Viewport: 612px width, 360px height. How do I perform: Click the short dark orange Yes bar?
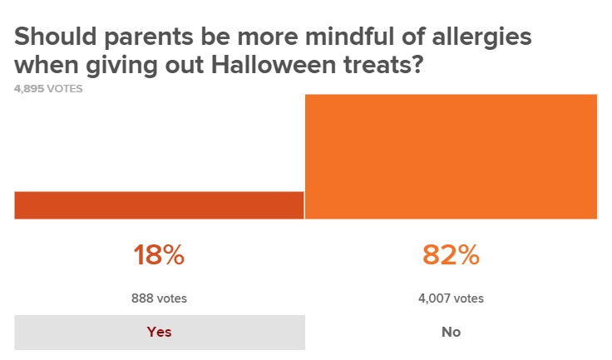click(159, 205)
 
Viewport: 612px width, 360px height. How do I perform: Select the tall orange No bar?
click(451, 156)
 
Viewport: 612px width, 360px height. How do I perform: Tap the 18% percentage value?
click(159, 255)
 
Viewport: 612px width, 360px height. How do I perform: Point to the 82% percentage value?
click(451, 255)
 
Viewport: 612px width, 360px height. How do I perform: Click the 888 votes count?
click(159, 298)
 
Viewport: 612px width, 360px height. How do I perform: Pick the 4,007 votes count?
click(451, 298)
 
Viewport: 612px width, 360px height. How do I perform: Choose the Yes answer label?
click(159, 332)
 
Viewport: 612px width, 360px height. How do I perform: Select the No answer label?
click(451, 332)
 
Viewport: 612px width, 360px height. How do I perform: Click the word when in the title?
click(44, 63)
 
